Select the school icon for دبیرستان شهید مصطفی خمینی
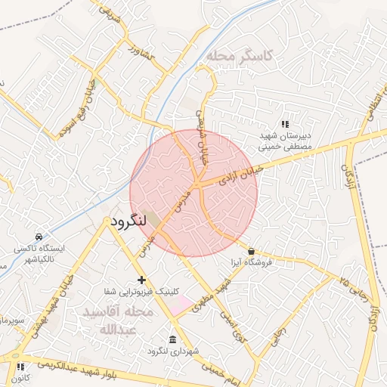click(x=285, y=124)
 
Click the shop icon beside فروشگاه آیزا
click(x=251, y=251)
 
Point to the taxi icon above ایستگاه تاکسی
click(x=39, y=235)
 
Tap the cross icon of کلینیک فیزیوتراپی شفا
click(x=141, y=280)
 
